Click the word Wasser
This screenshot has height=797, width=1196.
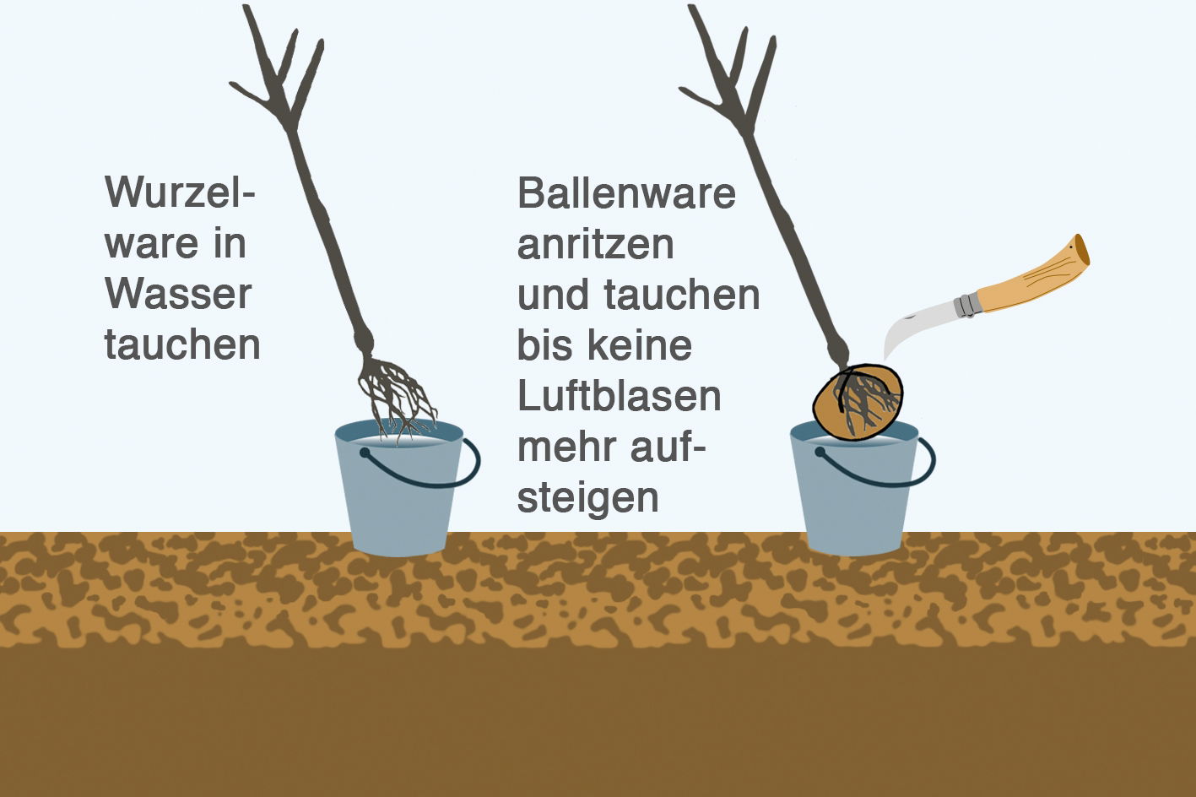click(178, 294)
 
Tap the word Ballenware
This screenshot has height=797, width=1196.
click(626, 192)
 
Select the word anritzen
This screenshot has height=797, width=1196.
click(595, 244)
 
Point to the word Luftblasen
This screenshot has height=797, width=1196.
click(619, 395)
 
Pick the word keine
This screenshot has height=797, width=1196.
click(640, 345)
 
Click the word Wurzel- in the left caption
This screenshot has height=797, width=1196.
click(180, 192)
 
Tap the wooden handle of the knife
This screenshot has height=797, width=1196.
click(1032, 279)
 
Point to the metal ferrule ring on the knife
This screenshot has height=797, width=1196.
click(966, 305)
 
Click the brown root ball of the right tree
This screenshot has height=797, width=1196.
click(858, 403)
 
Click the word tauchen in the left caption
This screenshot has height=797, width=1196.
click(182, 344)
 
